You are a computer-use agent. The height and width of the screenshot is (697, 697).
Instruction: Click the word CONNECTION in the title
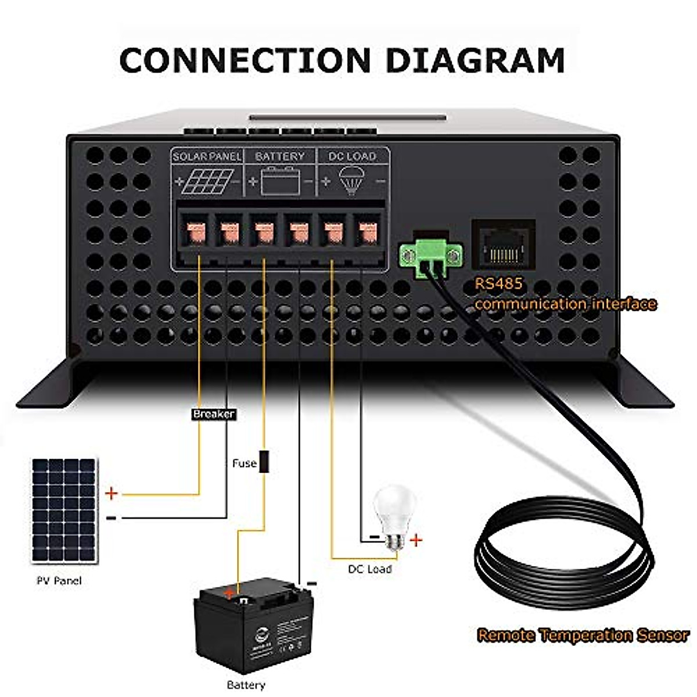click(x=245, y=60)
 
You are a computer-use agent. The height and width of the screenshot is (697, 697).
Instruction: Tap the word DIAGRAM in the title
click(x=476, y=60)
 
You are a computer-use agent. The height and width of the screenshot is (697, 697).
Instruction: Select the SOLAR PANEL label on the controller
click(x=207, y=156)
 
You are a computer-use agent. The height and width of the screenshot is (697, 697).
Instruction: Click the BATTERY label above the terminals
click(x=279, y=156)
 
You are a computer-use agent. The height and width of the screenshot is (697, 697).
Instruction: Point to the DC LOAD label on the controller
click(x=352, y=156)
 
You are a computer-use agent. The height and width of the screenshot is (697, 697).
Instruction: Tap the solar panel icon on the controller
click(x=207, y=182)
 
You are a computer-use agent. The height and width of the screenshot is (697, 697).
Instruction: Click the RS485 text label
click(x=498, y=283)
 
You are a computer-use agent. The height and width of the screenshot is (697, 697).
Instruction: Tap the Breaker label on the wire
click(x=214, y=414)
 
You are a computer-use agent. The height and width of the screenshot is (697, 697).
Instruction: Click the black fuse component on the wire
click(x=264, y=462)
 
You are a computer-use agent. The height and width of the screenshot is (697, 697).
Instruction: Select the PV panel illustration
click(x=64, y=511)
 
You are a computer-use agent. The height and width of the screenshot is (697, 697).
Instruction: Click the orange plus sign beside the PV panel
click(x=112, y=494)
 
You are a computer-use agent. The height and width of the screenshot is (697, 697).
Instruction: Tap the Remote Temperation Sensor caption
click(x=583, y=635)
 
